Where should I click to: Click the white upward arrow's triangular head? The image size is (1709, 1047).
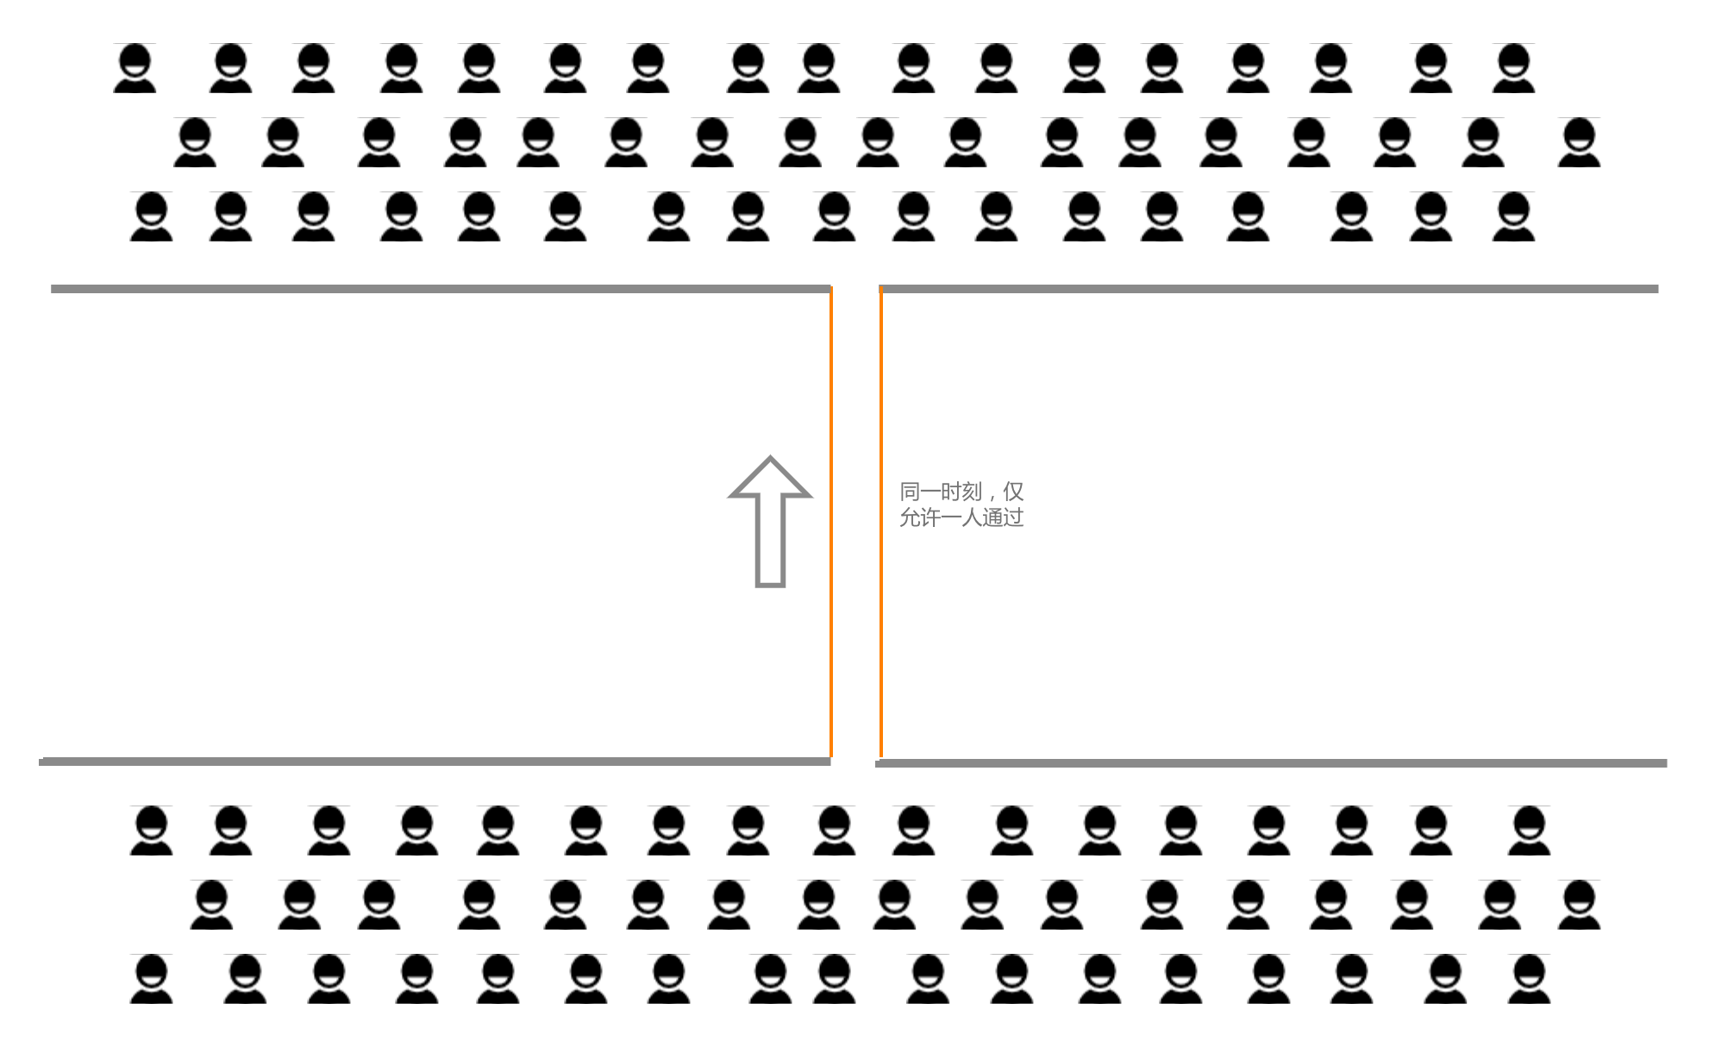click(x=770, y=480)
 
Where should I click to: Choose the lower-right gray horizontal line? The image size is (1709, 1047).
click(x=1272, y=763)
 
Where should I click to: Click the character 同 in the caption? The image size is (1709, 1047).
click(x=910, y=492)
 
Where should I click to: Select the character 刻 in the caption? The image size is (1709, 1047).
click(x=972, y=492)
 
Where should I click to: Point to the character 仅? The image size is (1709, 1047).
click(x=1013, y=492)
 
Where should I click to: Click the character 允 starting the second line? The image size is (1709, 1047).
click(x=910, y=517)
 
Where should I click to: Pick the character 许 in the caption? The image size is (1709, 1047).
click(x=930, y=517)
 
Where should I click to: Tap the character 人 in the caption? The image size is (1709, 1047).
click(x=972, y=517)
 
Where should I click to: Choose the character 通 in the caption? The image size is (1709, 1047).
click(x=992, y=517)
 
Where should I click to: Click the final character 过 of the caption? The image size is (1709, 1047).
click(x=1013, y=517)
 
